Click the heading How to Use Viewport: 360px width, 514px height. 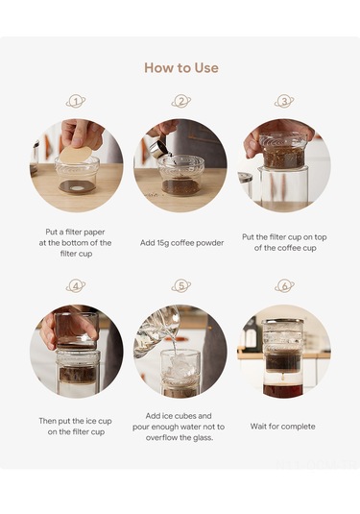point(181,68)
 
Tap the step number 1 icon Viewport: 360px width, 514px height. point(76,101)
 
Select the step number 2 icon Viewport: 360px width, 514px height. point(181,101)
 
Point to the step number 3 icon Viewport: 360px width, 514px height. point(284,101)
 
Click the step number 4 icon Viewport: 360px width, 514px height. point(76,286)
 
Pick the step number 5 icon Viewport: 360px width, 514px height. point(181,286)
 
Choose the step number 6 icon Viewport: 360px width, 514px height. point(284,286)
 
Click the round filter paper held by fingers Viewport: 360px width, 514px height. point(76,154)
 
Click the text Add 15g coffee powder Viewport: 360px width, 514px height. point(181,243)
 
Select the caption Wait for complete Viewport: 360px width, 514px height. point(282,427)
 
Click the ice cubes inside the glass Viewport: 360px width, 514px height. point(180,365)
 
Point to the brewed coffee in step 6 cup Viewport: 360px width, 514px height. point(282,390)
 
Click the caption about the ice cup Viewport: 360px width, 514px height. point(76,427)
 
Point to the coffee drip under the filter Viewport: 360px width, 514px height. point(282,378)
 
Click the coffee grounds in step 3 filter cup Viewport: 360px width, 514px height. point(283,158)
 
